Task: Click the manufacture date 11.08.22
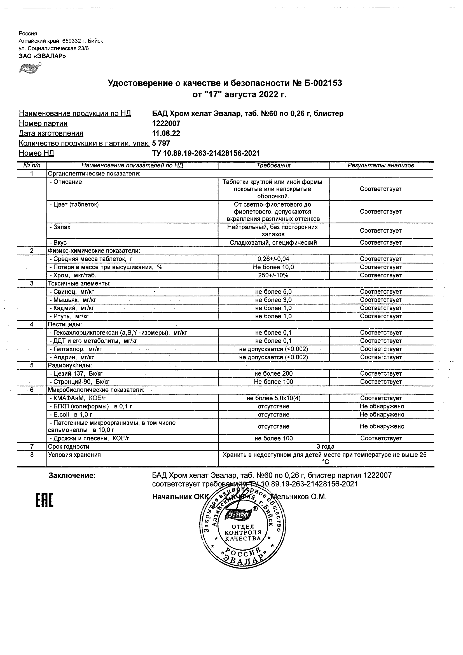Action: pyautogui.click(x=166, y=134)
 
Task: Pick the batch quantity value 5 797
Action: pyautogui.click(x=161, y=143)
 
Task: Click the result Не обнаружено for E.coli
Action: pyautogui.click(x=382, y=415)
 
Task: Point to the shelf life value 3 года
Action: pyautogui.click(x=325, y=446)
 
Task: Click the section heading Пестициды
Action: pyautogui.click(x=65, y=324)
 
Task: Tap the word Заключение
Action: pyautogui.click(x=72, y=476)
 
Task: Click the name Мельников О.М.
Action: pyautogui.click(x=300, y=497)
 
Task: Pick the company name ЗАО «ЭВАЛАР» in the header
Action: pyautogui.click(x=42, y=56)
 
